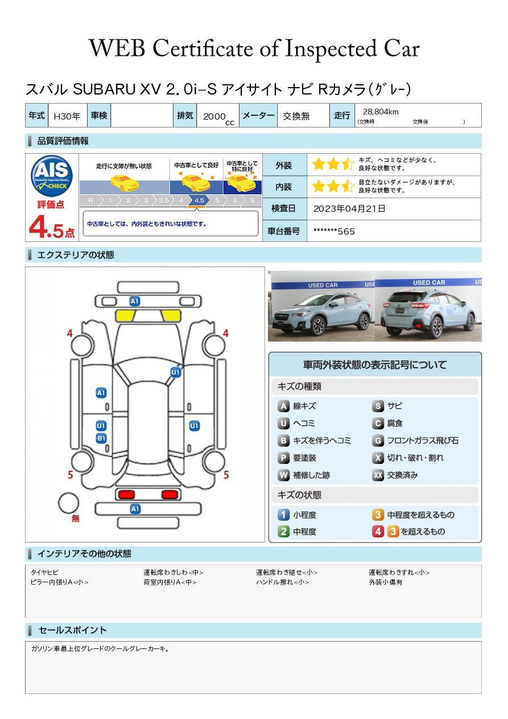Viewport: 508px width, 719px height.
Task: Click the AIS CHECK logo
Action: pyautogui.click(x=52, y=176)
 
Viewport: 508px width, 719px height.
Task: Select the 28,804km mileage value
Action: pyautogui.click(x=381, y=112)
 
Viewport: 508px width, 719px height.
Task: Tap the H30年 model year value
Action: pyautogui.click(x=67, y=116)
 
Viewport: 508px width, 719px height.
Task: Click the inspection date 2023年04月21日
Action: pyautogui.click(x=349, y=208)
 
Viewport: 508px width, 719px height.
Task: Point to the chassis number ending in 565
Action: pyautogui.click(x=334, y=232)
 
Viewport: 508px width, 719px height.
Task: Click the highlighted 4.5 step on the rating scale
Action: pyautogui.click(x=199, y=200)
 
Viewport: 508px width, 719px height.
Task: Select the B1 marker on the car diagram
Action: pyautogui.click(x=101, y=438)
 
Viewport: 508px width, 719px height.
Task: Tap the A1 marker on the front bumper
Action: pyautogui.click(x=135, y=301)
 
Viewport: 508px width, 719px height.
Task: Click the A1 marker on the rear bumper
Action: pyautogui.click(x=135, y=509)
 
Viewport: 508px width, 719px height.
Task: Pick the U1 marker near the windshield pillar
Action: pyautogui.click(x=175, y=372)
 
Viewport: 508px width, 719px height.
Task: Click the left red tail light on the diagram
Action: pyautogui.click(x=126, y=495)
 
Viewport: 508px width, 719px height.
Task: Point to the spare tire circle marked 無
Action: pyautogui.click(x=68, y=503)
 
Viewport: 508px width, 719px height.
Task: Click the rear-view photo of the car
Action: pyautogui.click(x=428, y=306)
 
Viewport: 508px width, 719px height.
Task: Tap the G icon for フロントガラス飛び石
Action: pyautogui.click(x=378, y=441)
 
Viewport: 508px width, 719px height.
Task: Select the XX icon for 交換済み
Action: pyautogui.click(x=378, y=475)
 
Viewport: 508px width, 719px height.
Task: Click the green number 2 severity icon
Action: pyautogui.click(x=283, y=532)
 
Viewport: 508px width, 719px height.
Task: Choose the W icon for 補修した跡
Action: pyautogui.click(x=283, y=475)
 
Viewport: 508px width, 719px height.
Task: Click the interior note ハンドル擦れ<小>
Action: pyautogui.click(x=283, y=582)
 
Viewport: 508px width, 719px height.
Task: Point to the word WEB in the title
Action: pyautogui.click(x=117, y=48)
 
